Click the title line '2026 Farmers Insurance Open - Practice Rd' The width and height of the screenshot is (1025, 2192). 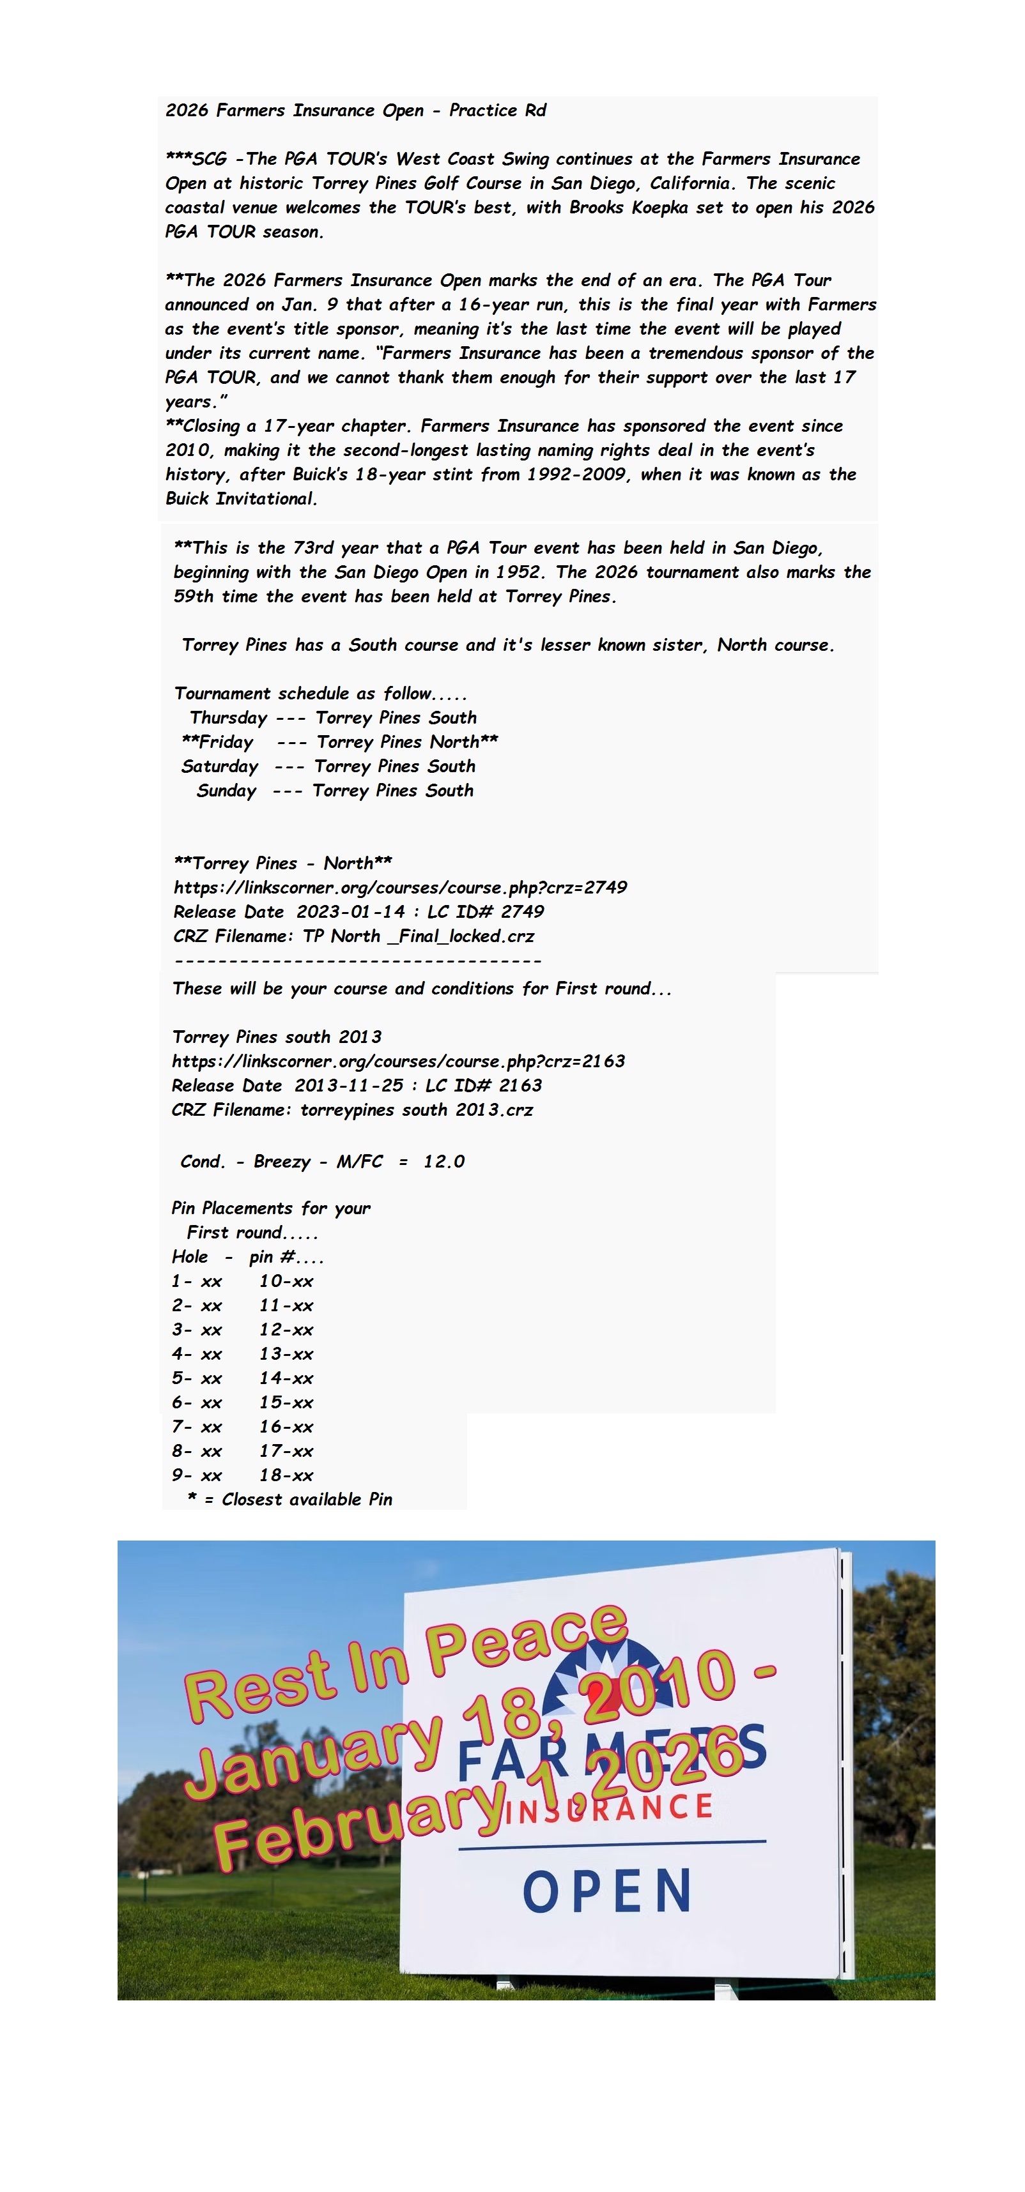(x=355, y=110)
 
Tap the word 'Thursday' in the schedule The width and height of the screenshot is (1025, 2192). (x=228, y=718)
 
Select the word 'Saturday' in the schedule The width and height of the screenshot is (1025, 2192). (x=220, y=766)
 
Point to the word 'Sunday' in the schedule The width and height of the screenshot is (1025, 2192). (x=226, y=791)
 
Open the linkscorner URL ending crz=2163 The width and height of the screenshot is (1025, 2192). (x=398, y=1061)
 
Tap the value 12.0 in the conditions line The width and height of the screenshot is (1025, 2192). (x=443, y=1162)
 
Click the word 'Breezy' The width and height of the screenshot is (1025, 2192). (x=282, y=1162)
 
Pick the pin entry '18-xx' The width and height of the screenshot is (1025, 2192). (x=286, y=1475)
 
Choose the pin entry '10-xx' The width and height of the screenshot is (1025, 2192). (x=286, y=1281)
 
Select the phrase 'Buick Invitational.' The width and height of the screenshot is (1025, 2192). (x=242, y=499)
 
